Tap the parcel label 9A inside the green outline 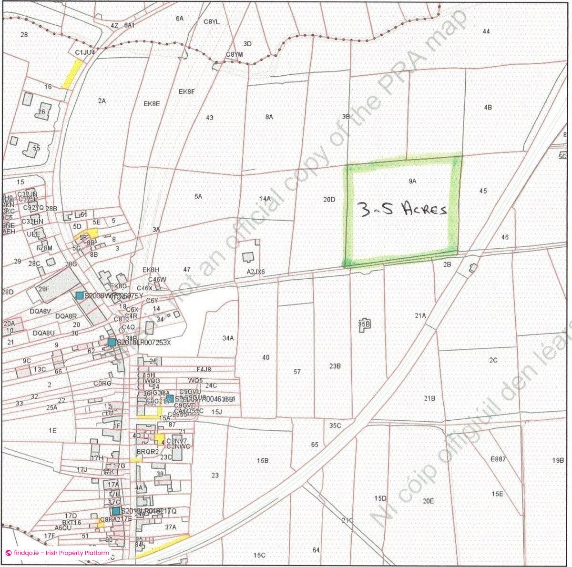click(x=412, y=181)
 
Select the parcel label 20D click(x=329, y=200)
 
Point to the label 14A click(x=265, y=198)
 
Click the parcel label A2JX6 click(x=255, y=272)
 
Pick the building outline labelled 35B click(x=364, y=324)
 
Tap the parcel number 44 click(x=486, y=31)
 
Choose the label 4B click(x=488, y=108)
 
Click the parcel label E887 click(x=498, y=459)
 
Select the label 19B click(x=558, y=461)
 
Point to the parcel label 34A click(x=228, y=338)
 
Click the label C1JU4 click(x=86, y=51)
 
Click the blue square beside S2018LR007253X click(x=112, y=342)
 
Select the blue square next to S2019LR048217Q click(x=116, y=511)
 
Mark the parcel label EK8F click(x=187, y=91)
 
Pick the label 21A click(x=420, y=315)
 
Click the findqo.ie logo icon click(x=8, y=553)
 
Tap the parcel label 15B click(x=263, y=461)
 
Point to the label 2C click(x=493, y=360)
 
